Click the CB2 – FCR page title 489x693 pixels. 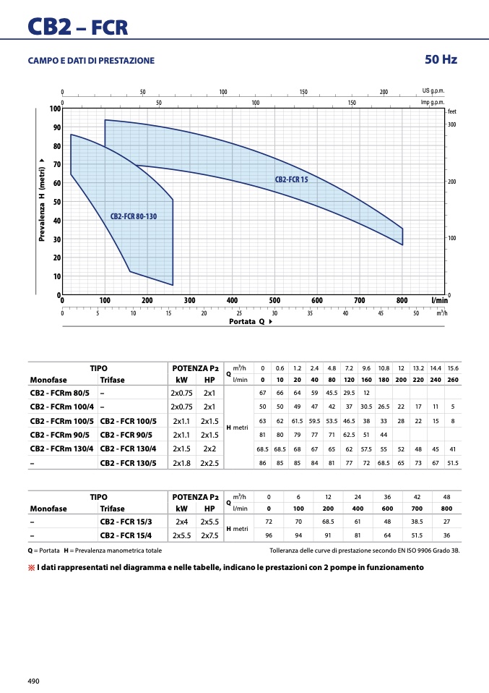tap(78, 27)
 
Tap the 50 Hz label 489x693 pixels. tap(441, 59)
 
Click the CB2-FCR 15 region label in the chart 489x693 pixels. tap(291, 179)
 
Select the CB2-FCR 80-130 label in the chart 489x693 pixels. tap(134, 216)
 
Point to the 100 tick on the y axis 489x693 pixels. tap(55, 109)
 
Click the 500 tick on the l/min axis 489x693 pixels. tap(274, 300)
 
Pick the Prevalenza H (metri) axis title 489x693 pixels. tap(42, 200)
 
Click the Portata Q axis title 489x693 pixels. tap(251, 321)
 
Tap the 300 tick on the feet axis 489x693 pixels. tap(452, 124)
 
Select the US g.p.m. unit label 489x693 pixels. tap(433, 91)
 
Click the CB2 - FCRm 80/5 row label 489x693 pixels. tap(59, 393)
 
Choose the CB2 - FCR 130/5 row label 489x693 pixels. tap(128, 463)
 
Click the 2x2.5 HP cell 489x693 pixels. tap(209, 463)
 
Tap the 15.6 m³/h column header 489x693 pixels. tap(453, 368)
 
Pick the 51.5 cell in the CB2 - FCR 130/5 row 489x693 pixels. tap(453, 463)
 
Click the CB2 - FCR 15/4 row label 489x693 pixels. tap(126, 535)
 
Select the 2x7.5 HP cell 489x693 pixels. tap(209, 535)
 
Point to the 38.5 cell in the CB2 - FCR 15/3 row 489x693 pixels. tap(417, 522)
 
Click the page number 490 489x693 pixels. tap(33, 681)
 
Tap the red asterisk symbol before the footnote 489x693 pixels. tap(31, 568)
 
